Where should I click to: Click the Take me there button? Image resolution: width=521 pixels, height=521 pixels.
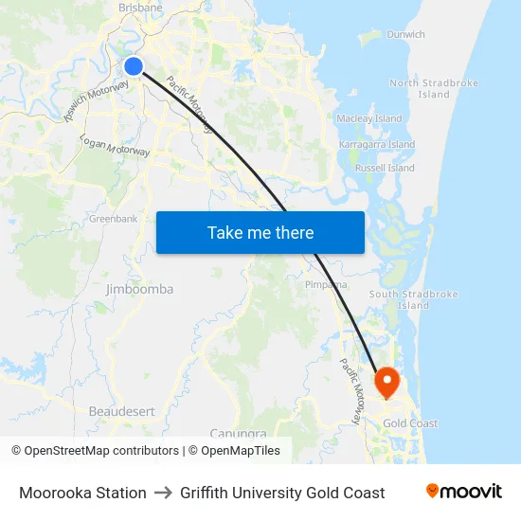pos(260,232)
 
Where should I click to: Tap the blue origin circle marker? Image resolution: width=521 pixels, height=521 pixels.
pos(134,65)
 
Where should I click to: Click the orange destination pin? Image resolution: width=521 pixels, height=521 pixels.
pos(387,382)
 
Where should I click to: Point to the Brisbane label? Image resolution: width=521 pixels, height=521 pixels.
pos(140,8)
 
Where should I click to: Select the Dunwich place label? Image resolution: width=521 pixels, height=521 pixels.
pos(405,34)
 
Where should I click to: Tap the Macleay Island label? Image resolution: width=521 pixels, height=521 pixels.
pos(369,119)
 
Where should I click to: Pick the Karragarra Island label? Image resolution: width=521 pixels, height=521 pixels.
pos(377,145)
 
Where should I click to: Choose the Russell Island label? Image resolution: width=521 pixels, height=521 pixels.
pos(385,168)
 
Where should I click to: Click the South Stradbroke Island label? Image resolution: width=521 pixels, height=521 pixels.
pos(413,299)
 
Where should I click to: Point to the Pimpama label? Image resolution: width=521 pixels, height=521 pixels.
pos(326,284)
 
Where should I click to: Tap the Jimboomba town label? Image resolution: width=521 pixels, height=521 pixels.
pos(139,289)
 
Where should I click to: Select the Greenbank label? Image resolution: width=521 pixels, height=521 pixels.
pos(114,219)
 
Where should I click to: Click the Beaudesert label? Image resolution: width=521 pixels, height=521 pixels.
pos(121,411)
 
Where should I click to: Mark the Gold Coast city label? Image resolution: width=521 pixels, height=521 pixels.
pos(410,423)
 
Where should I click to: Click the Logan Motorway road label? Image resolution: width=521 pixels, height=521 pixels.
pos(116,146)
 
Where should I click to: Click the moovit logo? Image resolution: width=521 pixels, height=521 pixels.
pos(464,492)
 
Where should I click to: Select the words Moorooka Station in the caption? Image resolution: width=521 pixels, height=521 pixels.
pos(82,493)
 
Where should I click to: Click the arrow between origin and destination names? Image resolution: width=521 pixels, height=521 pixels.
pos(163,493)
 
